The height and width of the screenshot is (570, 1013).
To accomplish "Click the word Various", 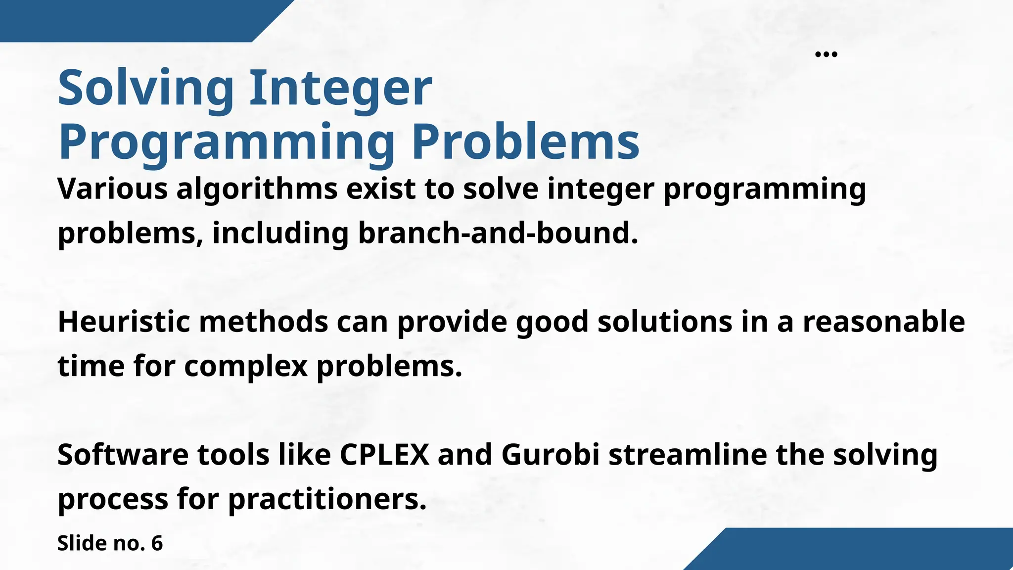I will (112, 189).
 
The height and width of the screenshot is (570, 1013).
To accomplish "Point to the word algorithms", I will (257, 189).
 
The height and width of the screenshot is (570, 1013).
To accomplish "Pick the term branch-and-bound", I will (497, 233).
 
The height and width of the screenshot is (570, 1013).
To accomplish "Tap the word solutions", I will (665, 322).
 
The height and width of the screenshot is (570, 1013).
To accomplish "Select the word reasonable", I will (883, 322).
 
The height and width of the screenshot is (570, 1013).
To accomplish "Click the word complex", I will (246, 367).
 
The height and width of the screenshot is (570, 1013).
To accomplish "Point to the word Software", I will (123, 454).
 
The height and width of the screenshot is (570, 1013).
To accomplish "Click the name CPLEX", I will (384, 454).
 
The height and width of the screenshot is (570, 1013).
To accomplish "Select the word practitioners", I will (327, 499).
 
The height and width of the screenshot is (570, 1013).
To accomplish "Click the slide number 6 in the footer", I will (157, 543).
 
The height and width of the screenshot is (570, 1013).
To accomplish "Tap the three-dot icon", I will (826, 54).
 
